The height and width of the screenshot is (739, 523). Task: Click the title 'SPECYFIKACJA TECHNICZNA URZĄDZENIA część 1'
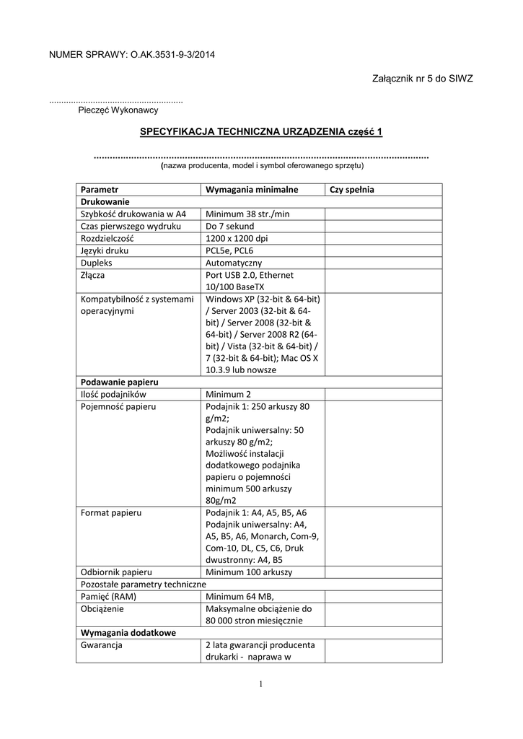(260, 131)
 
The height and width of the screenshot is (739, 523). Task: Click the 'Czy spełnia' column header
(352, 189)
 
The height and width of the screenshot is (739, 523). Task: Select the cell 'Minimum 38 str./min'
(247, 214)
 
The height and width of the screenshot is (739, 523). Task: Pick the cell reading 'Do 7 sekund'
(230, 226)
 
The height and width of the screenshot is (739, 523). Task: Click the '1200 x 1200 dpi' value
(236, 238)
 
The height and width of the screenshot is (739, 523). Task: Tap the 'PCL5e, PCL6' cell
(229, 250)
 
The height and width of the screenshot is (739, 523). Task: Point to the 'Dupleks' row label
(97, 263)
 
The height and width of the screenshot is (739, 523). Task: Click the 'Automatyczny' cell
(234, 263)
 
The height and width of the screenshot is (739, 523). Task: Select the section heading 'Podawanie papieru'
(120, 381)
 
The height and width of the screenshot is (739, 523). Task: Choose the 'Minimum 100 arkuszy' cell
(249, 572)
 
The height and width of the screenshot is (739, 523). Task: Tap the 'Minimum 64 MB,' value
(239, 596)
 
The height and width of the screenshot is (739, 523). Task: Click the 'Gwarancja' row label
(102, 645)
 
